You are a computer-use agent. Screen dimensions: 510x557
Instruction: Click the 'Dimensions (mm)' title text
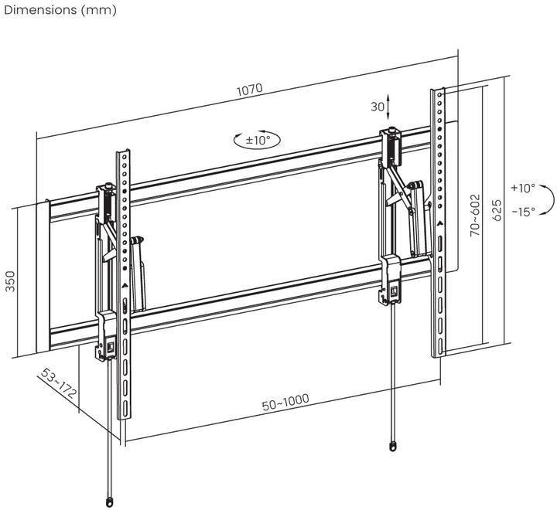pos(60,10)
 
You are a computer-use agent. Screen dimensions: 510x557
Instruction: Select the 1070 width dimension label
pos(249,89)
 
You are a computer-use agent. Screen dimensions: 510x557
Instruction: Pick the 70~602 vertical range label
pos(474,215)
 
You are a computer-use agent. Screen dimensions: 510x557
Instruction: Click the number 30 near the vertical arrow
pos(377,106)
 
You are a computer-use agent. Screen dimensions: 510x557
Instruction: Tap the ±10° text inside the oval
pos(257,140)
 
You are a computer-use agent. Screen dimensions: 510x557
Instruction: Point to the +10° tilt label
pos(522,188)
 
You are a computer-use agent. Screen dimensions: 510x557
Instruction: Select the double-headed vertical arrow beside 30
pos(390,106)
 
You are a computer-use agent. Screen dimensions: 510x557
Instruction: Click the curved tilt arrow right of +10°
pos(545,200)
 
